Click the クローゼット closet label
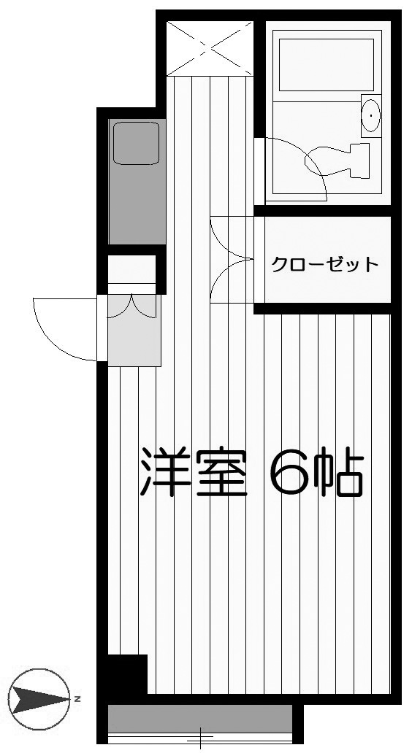[x=325, y=263]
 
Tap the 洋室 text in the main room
[x=194, y=472]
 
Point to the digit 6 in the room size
[x=289, y=472]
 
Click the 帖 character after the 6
[x=338, y=472]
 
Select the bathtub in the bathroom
[x=327, y=65]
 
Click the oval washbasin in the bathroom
[x=370, y=116]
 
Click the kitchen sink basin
[x=136, y=142]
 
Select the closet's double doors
[x=232, y=260]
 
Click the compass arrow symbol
[x=39, y=699]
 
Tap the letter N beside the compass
[x=77, y=699]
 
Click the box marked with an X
[x=210, y=48]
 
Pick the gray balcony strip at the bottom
[x=200, y=718]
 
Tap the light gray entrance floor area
[x=134, y=331]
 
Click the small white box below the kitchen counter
[x=131, y=269]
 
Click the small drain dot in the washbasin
[x=373, y=116]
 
